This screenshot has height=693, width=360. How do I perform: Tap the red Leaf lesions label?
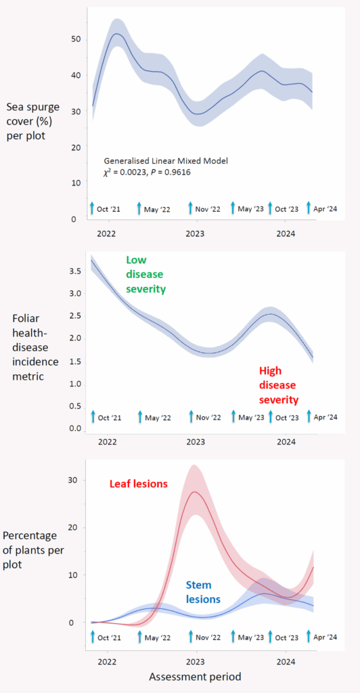click(139, 484)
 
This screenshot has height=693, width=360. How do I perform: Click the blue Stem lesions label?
click(202, 592)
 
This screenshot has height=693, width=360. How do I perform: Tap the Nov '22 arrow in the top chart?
click(191, 207)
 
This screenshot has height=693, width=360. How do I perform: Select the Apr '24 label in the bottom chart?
click(325, 638)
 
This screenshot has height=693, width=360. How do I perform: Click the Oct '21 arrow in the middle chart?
click(93, 416)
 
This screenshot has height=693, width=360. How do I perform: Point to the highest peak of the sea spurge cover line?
click(116, 33)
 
